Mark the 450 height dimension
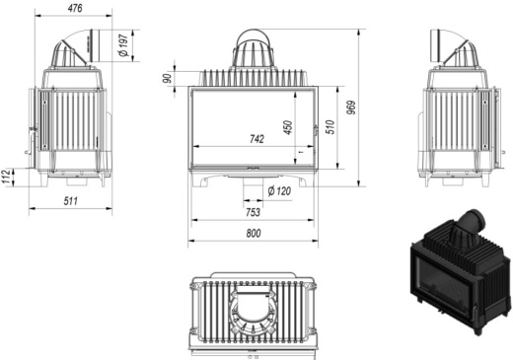click(288, 127)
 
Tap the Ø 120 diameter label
click(278, 190)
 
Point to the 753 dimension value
click(253, 212)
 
